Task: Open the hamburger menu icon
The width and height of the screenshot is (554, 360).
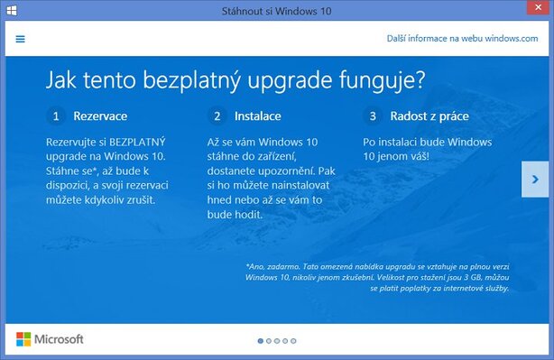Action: (20, 39)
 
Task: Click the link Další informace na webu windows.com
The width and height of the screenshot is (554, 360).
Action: (461, 39)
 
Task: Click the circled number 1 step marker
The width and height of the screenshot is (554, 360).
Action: (56, 116)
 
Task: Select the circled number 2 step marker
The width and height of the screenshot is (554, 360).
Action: (217, 116)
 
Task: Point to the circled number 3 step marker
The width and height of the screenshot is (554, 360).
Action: (373, 116)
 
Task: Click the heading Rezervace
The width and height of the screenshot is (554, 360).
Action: (100, 116)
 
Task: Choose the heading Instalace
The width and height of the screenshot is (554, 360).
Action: (258, 116)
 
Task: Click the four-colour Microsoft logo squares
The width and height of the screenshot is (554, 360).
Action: (23, 339)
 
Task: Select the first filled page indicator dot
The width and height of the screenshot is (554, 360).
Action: (261, 341)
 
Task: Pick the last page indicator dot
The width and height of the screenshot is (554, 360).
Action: (292, 341)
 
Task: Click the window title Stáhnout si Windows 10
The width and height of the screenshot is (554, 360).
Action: (276, 10)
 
